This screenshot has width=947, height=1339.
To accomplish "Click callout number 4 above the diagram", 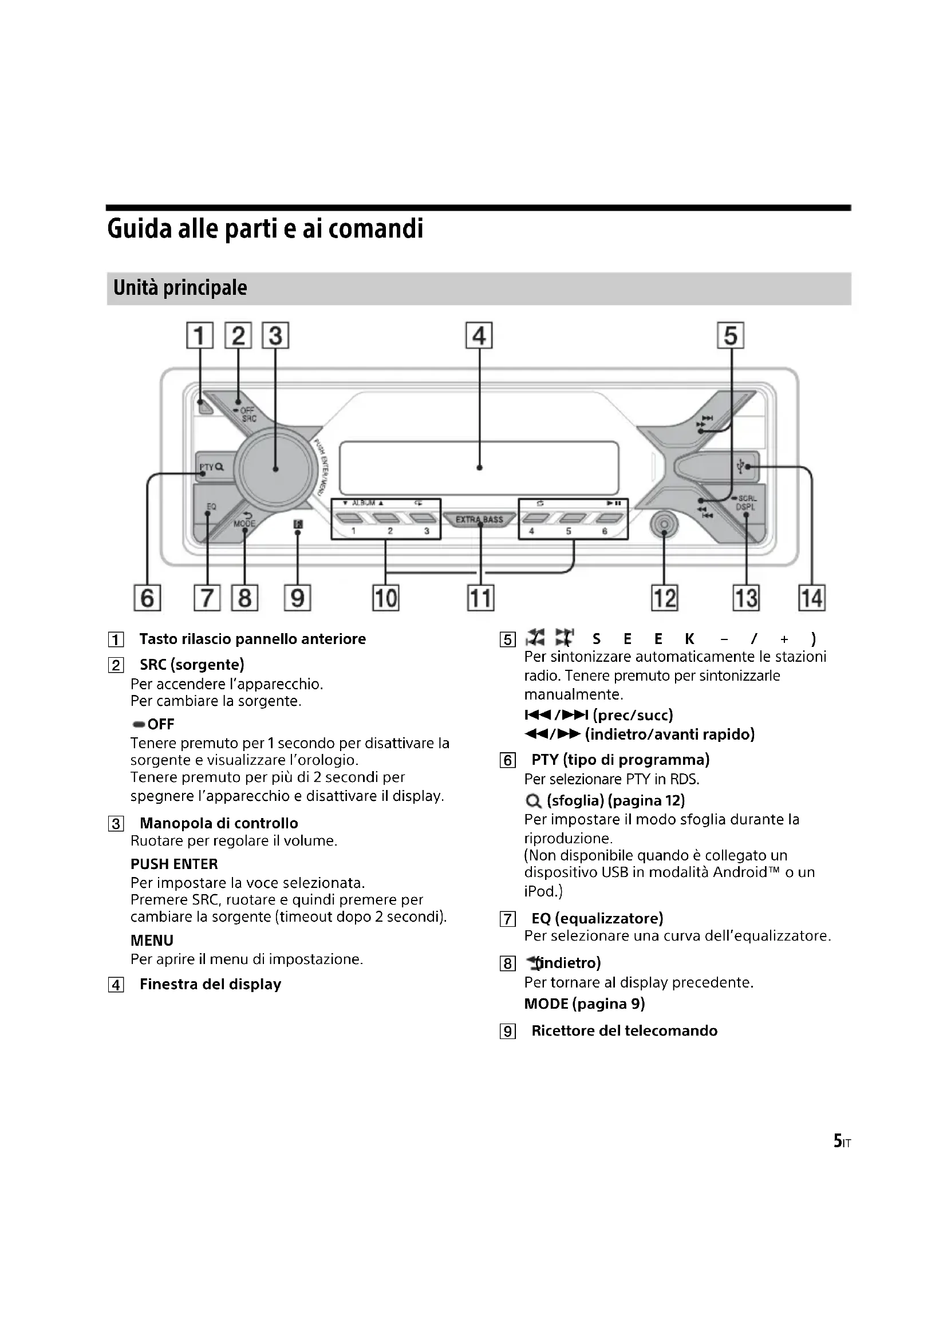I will pyautogui.click(x=479, y=336).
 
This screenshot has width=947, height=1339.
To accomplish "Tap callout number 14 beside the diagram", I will pyautogui.click(x=812, y=598).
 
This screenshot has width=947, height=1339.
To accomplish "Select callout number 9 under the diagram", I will pyautogui.click(x=297, y=598).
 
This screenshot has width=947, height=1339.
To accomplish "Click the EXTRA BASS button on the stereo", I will pyautogui.click(x=479, y=519).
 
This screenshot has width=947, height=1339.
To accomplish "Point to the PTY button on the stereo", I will pyautogui.click(x=211, y=467).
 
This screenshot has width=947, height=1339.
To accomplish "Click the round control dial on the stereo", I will pyautogui.click(x=275, y=468).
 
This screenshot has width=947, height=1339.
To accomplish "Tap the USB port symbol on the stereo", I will pyautogui.click(x=741, y=467).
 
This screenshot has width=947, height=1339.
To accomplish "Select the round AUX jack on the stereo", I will pyautogui.click(x=664, y=525).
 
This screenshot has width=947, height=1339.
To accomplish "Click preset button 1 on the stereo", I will pyautogui.click(x=353, y=519).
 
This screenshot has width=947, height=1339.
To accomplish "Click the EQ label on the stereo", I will pyautogui.click(x=211, y=507).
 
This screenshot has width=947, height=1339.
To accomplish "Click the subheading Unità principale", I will pyautogui.click(x=180, y=288).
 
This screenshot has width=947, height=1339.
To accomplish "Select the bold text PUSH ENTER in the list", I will pyautogui.click(x=174, y=864).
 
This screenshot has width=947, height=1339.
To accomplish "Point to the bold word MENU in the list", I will pyautogui.click(x=152, y=940).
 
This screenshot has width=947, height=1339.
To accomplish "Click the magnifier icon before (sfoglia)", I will pyautogui.click(x=533, y=801).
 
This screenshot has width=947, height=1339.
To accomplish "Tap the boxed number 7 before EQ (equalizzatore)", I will pyautogui.click(x=508, y=920).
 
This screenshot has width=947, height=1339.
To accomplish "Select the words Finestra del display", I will pyautogui.click(x=210, y=985).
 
